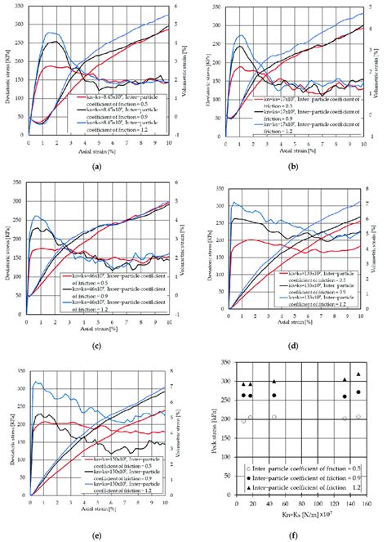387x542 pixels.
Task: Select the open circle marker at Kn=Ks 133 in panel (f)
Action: point(345,419)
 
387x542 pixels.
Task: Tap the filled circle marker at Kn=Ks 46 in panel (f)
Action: point(274,396)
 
